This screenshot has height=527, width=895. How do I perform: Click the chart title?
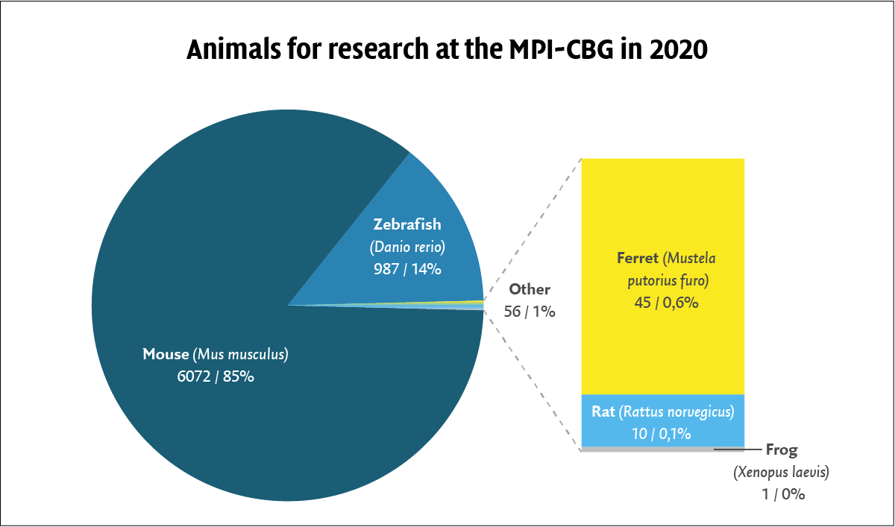click(x=447, y=49)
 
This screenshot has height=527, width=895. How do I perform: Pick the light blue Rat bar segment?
click(x=662, y=420)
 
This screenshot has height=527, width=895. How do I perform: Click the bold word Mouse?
click(x=166, y=354)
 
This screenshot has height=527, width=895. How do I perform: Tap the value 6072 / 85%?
click(x=216, y=376)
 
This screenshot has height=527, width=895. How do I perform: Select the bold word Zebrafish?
click(x=407, y=224)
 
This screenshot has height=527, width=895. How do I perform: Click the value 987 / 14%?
click(x=407, y=269)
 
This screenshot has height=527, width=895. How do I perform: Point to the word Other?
click(x=530, y=289)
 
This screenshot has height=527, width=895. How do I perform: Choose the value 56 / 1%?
click(x=530, y=312)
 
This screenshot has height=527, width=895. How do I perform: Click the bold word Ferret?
click(x=637, y=258)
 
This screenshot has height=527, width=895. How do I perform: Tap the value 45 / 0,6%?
click(x=666, y=303)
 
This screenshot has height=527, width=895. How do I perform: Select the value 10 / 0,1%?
click(x=662, y=434)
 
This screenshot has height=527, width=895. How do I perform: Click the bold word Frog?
click(x=782, y=450)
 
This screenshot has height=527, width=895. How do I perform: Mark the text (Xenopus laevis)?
click(x=781, y=473)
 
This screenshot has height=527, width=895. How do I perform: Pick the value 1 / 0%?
click(x=783, y=495)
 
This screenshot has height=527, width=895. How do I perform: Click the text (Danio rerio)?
click(x=407, y=247)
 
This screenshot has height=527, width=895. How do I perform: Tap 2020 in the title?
click(x=678, y=49)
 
